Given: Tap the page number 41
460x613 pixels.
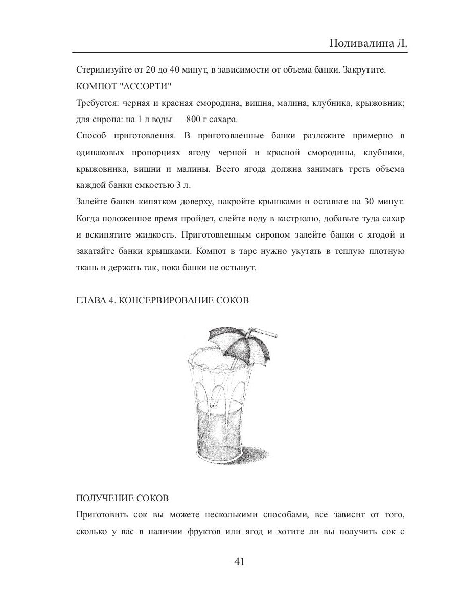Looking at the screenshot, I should coord(240,562).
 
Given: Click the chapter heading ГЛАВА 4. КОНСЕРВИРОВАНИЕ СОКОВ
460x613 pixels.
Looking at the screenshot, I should coord(162,300).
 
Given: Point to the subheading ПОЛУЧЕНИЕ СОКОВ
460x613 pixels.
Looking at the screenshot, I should coord(122,498).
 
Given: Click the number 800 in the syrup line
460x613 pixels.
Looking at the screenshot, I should coord(189,120).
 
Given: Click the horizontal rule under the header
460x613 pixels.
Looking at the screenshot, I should coord(240,53).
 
